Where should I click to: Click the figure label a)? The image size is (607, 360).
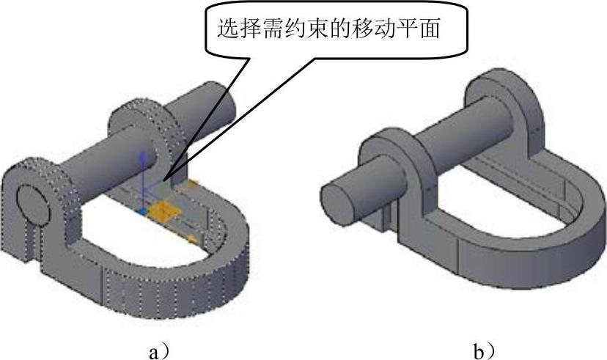tap(158, 353)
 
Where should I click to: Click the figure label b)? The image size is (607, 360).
tap(485, 353)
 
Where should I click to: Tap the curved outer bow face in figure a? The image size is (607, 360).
tap(183, 279)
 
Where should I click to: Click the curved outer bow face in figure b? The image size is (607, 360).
tap(528, 249)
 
